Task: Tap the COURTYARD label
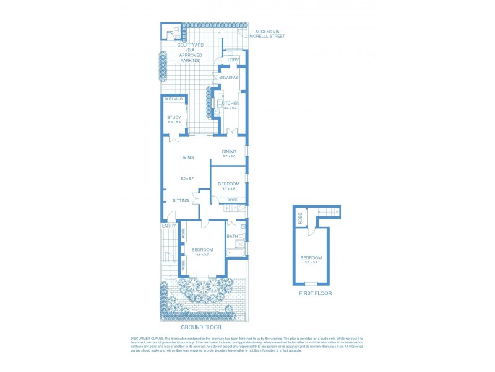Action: (191, 45)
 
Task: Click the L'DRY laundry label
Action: (233, 60)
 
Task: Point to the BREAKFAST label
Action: (230, 77)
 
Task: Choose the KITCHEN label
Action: (230, 103)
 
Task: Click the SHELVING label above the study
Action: (173, 99)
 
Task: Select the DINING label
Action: (230, 151)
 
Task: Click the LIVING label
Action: (187, 157)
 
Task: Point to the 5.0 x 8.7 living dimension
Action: (187, 179)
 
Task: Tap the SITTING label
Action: (181, 200)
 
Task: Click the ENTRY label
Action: (170, 226)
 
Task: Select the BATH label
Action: (232, 236)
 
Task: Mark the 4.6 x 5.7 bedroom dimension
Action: (202, 255)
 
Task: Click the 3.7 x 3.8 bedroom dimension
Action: (229, 189)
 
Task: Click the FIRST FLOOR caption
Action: (316, 293)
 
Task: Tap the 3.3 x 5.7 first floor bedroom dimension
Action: (311, 263)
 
